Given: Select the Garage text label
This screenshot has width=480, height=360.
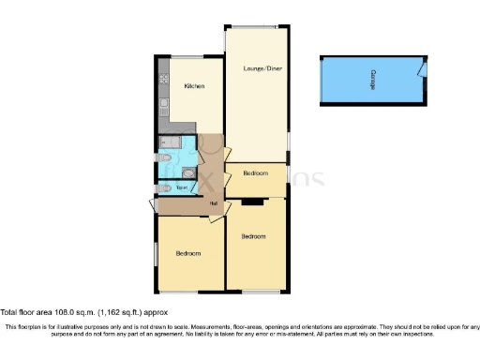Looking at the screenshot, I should point(376,79).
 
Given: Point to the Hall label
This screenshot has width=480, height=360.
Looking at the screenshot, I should point(214,204).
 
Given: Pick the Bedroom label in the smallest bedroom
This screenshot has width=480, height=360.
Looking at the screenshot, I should point(256,173).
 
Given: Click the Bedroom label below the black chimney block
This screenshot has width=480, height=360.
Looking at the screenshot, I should point(254,236).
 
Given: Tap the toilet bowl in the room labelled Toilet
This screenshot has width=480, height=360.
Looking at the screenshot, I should point(165,187).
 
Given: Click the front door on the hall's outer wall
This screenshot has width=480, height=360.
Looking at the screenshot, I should point(153,207).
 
